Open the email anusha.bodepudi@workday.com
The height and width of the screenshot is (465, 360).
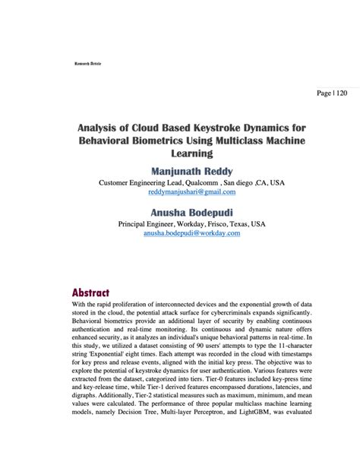click(x=191, y=234)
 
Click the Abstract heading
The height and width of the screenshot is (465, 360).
click(x=91, y=293)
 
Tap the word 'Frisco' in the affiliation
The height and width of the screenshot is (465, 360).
click(x=218, y=224)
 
